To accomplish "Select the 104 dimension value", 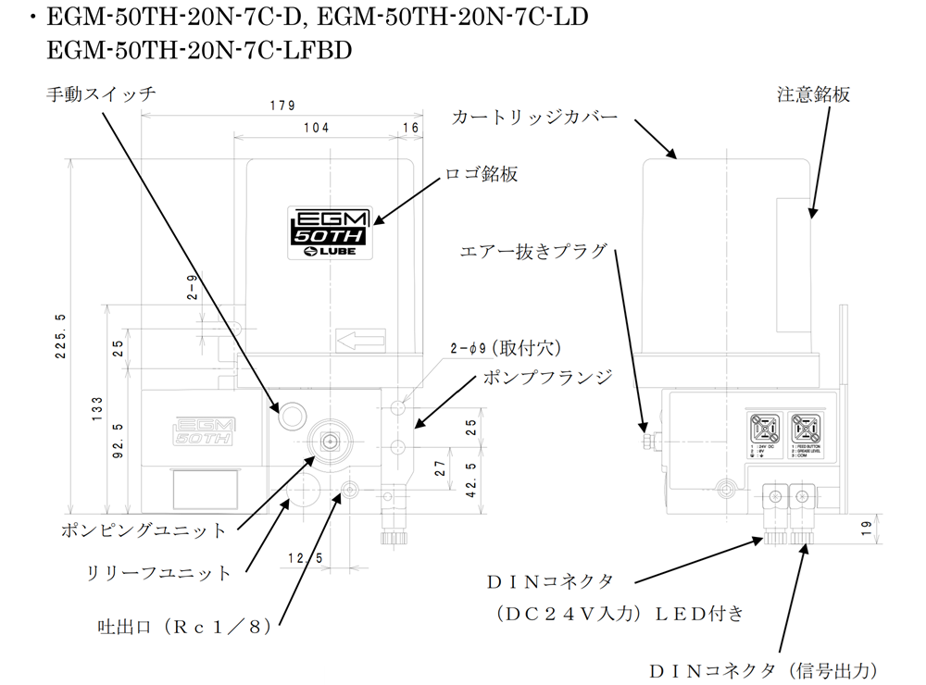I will [x=316, y=128].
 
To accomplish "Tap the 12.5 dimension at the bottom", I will [x=305, y=557].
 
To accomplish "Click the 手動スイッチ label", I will [x=101, y=93].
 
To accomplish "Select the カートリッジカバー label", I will [x=535, y=118].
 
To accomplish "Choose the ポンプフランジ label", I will [x=547, y=377].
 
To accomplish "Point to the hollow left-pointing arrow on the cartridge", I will [x=360, y=342].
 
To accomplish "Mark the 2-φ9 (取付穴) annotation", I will [x=506, y=347].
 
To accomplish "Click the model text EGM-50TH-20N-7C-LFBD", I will [x=199, y=49].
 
